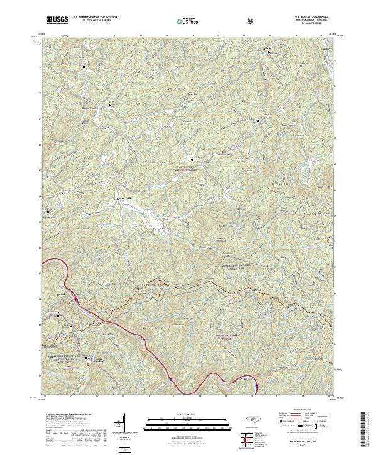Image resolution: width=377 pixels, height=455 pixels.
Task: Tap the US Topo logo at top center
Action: click(184, 21)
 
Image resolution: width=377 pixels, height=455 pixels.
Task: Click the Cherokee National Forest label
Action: click(184, 168)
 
